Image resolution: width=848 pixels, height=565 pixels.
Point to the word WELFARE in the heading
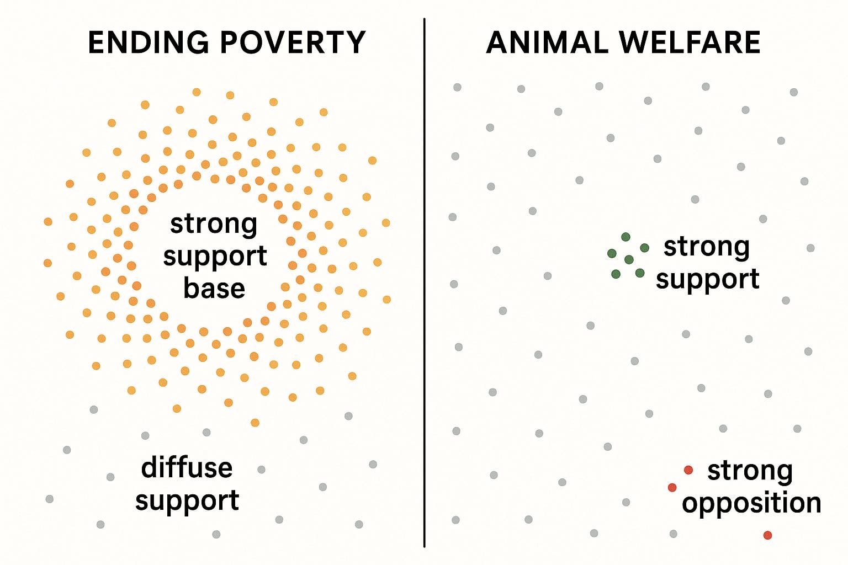pos(690,42)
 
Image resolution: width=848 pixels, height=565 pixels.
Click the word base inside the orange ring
pos(214,289)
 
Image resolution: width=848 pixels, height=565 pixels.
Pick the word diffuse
pos(187,468)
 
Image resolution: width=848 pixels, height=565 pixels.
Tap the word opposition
pos(751,503)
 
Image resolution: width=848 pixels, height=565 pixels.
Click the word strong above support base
pos(214,223)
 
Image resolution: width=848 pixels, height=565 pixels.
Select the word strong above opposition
pos(750,471)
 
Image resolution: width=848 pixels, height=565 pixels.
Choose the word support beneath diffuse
pos(187,500)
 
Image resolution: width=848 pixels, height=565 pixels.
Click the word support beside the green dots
pos(707,279)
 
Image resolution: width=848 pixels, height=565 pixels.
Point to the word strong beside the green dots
pos(706,247)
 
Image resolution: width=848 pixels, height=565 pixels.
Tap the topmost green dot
pos(626,237)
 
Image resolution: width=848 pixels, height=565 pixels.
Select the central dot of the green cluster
pos(629,259)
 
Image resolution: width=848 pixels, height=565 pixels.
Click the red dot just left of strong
pos(688,470)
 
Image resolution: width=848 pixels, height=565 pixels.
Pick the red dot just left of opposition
pos(672,488)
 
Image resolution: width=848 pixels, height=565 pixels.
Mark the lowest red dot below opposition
pos(767,535)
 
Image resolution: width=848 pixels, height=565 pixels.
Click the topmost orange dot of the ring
pos(197,92)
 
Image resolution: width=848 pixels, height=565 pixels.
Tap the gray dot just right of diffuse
pos(261,470)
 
